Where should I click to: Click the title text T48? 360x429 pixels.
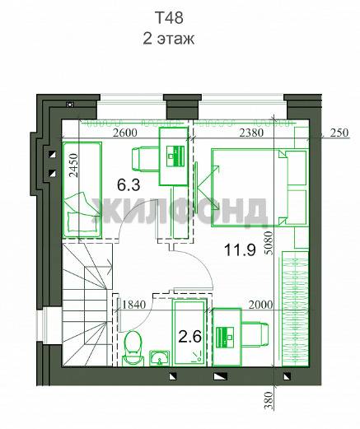pos(169,18)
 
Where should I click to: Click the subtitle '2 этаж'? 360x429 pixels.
pos(169,39)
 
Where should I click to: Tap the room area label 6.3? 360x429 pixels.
pos(129,184)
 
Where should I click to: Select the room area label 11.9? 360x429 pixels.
pos(240,250)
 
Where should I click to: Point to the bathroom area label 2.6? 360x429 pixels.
pos(190,337)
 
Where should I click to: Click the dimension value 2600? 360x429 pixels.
pos(125,133)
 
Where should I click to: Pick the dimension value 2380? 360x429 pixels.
pos(251,133)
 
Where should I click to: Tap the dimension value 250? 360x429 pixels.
pos(339,133)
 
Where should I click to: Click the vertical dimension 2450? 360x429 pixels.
pos(73,166)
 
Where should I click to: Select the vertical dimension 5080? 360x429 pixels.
pos(269,243)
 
